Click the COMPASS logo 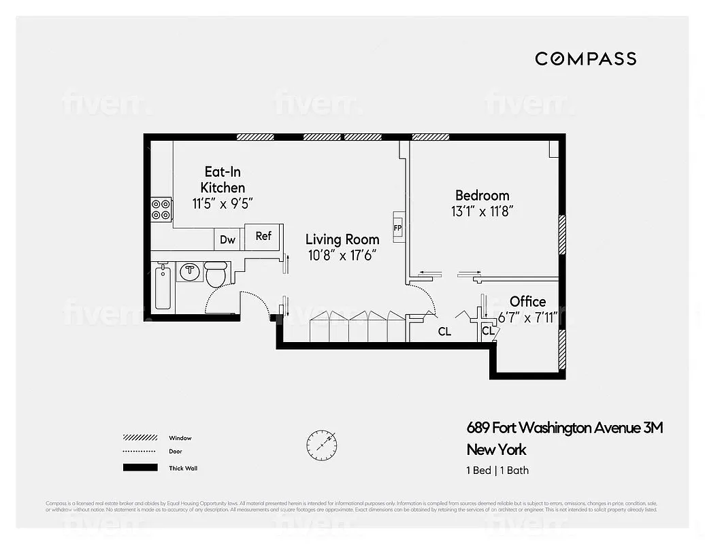[585, 58]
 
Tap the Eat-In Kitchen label [223, 180]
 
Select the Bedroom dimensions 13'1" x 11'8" [482, 211]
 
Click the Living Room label [342, 239]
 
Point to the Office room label [527, 301]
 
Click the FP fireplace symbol [397, 227]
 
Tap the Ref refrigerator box [263, 237]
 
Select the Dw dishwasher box [228, 239]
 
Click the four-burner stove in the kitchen [161, 209]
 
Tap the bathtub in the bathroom [162, 289]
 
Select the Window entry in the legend [180, 438]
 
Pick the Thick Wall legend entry [183, 468]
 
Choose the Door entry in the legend [176, 452]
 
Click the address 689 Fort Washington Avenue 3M [564, 428]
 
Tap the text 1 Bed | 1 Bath [497, 471]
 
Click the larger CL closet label [444, 332]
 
